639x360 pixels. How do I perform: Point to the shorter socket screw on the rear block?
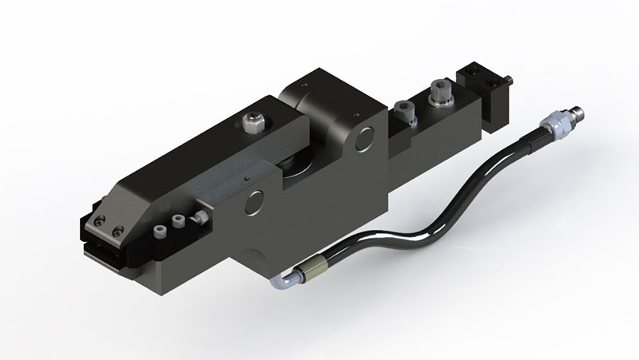point(403,109)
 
